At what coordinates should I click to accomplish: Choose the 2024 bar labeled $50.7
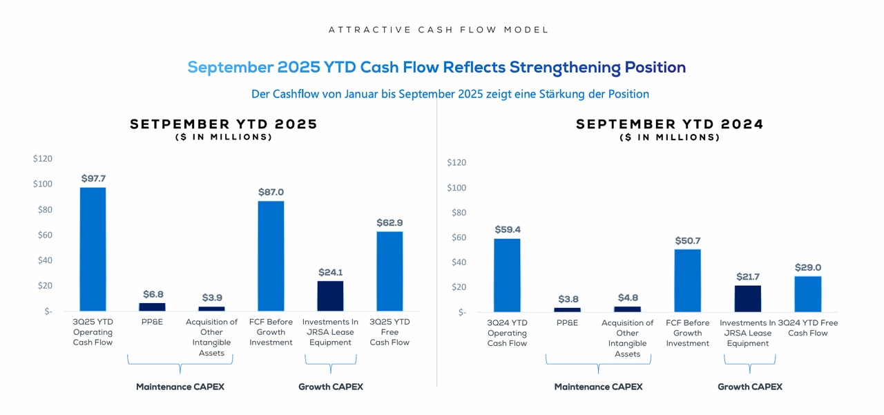click(x=687, y=280)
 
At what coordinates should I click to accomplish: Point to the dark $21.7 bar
click(x=747, y=298)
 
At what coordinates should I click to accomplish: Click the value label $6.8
click(x=153, y=294)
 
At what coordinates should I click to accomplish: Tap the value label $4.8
click(x=628, y=298)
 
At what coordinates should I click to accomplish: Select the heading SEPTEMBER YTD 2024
click(x=669, y=124)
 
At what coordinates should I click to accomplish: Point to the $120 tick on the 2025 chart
click(x=42, y=159)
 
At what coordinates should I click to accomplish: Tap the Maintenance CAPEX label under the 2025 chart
click(x=180, y=387)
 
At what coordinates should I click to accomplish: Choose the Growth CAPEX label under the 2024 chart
click(x=749, y=387)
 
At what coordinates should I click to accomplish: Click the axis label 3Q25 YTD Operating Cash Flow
click(x=93, y=332)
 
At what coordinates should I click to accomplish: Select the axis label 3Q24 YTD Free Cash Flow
click(x=807, y=328)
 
